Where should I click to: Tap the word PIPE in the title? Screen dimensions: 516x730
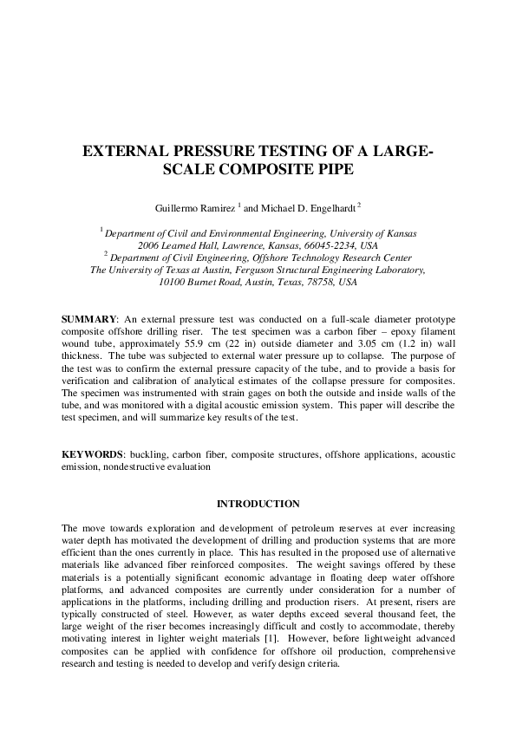point(334,170)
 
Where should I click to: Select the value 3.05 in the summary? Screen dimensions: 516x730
point(372,344)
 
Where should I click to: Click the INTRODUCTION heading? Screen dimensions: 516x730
point(258,504)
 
